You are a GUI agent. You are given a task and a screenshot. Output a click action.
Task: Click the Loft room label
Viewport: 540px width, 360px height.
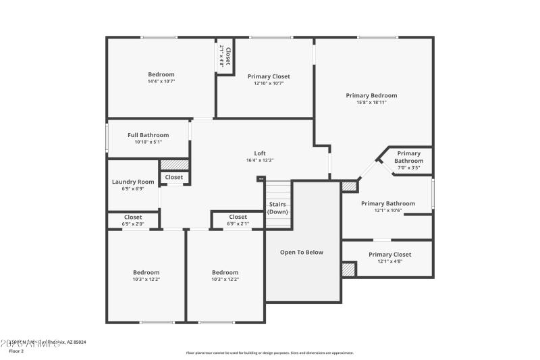tap(259, 153)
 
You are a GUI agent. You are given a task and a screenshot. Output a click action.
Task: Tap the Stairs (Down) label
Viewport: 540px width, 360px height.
tap(277, 208)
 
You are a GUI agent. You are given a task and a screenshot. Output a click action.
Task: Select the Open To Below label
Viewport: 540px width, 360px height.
tap(302, 253)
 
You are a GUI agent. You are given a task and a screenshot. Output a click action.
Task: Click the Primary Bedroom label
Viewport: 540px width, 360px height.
tap(371, 96)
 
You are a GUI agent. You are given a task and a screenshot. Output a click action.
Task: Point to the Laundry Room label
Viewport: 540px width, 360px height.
tap(133, 182)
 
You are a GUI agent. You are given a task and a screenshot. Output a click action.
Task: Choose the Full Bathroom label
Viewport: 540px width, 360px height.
tap(148, 135)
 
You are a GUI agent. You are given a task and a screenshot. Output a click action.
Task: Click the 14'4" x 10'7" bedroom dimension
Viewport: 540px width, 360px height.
tap(161, 82)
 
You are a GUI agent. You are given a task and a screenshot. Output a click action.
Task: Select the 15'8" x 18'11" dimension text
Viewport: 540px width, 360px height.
tap(371, 103)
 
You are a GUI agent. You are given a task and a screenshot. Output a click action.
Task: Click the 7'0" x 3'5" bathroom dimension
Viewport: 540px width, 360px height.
tap(408, 168)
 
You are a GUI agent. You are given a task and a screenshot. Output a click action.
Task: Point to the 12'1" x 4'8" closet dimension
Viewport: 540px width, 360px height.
tap(389, 261)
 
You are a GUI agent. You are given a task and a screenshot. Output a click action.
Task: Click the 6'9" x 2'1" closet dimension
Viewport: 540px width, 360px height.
tap(238, 224)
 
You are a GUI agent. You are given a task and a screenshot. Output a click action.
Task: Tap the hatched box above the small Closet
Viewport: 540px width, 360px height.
tap(174, 164)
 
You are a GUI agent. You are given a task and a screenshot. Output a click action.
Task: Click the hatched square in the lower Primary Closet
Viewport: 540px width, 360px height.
tap(348, 269)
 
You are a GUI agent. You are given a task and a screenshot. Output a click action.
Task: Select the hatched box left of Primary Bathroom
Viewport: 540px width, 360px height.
tap(348, 186)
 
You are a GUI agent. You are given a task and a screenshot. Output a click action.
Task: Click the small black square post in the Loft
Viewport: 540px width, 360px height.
tap(261, 179)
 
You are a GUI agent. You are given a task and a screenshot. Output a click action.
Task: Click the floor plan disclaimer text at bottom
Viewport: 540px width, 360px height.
tap(270, 353)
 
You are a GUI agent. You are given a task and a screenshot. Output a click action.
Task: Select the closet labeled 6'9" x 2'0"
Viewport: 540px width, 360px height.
tap(132, 220)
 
